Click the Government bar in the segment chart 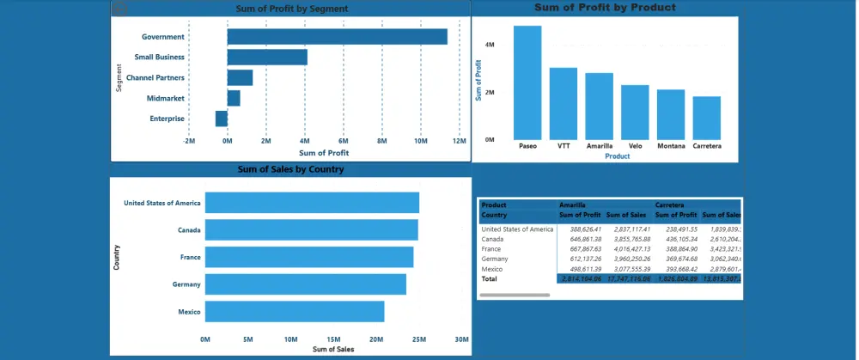(x=337, y=37)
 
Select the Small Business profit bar (x=267, y=58)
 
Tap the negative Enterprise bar (x=222, y=119)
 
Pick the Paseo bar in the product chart (x=527, y=82)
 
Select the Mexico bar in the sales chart (x=295, y=312)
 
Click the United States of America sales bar (x=312, y=203)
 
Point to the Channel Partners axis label (x=155, y=78)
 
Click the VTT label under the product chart (x=563, y=146)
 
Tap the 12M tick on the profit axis (x=459, y=141)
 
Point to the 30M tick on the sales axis (x=461, y=339)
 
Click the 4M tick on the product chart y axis (x=489, y=44)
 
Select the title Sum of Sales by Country (x=290, y=169)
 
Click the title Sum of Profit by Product (x=605, y=8)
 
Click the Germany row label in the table (x=497, y=259)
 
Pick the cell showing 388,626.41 (x=582, y=229)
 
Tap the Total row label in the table (x=490, y=279)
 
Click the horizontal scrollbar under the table (x=515, y=295)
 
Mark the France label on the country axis (x=190, y=257)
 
